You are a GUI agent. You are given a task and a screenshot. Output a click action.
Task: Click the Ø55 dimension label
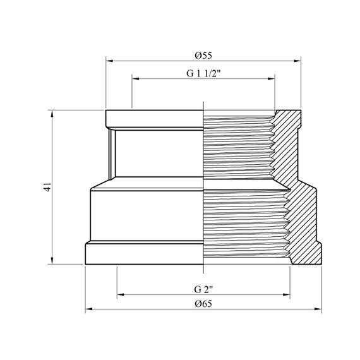point(203,56)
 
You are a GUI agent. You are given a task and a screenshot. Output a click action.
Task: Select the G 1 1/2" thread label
point(203,73)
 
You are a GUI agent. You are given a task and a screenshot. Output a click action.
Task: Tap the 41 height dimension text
point(47,187)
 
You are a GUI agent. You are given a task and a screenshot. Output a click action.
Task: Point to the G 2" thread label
point(203,289)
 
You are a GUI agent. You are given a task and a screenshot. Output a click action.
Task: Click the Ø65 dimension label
point(203,304)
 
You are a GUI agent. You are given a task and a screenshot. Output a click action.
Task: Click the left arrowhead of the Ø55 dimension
point(109,61)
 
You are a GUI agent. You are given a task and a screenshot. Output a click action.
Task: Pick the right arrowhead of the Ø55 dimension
point(297,61)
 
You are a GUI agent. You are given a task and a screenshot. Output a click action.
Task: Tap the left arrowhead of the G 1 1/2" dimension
point(135,79)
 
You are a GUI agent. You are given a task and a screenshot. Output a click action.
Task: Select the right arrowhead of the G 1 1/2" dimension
point(272,79)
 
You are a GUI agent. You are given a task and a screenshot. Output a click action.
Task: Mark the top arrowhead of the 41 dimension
point(52,114)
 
